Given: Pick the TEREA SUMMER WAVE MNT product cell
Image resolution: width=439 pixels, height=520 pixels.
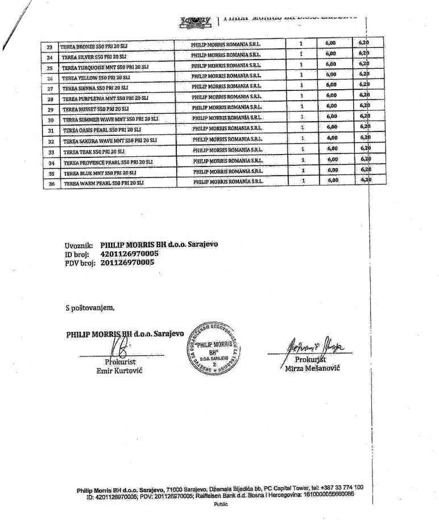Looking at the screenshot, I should click(x=110, y=120).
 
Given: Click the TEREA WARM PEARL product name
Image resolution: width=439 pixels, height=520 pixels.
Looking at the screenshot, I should click(x=103, y=183).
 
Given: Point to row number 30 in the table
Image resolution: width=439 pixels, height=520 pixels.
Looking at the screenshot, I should click(x=51, y=120).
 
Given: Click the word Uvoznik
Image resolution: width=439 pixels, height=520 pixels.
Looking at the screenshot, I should click(x=79, y=246).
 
